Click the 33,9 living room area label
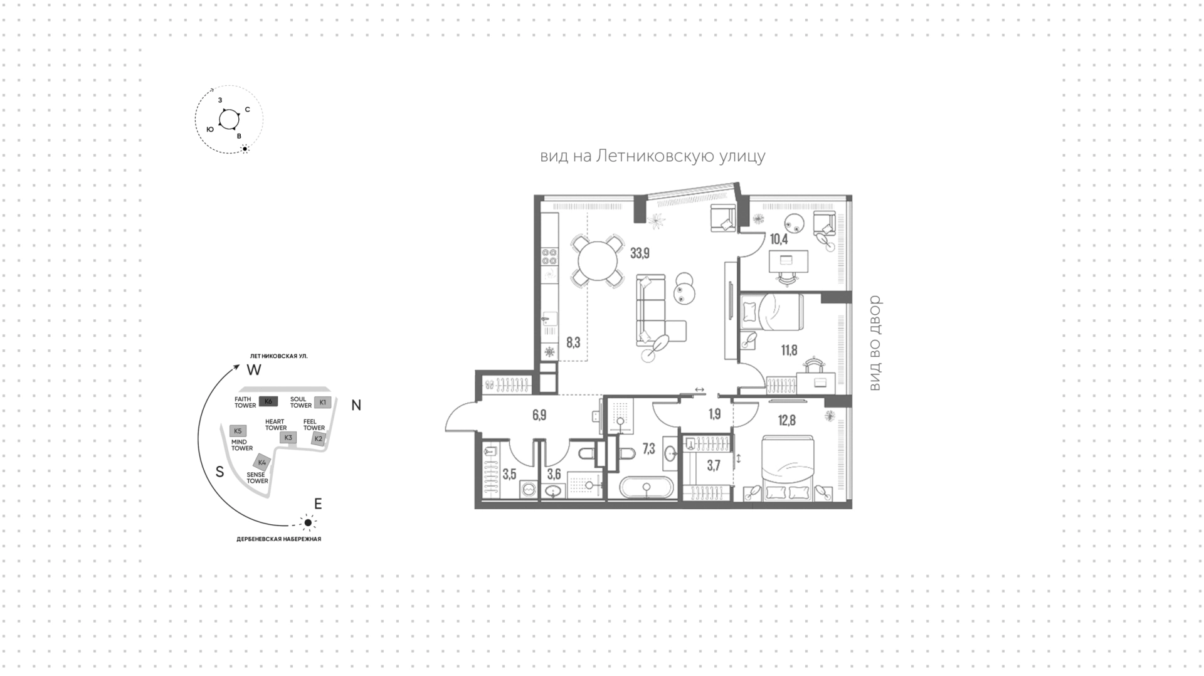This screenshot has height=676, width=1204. coord(640,253)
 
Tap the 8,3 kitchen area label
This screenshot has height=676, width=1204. coord(573,342)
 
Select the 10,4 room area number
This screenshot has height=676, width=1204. coord(779,239)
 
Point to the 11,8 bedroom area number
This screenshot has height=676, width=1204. coord(789,350)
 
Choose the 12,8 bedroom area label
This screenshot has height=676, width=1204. coord(786,420)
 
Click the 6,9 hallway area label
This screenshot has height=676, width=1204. coord(539,415)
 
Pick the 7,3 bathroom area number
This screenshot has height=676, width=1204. coord(648,449)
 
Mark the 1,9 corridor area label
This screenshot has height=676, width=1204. coord(714,415)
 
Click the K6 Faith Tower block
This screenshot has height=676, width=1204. coord(268,401)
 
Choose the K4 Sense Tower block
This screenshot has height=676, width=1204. coord(263,463)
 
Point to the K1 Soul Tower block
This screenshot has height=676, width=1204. coord(322,402)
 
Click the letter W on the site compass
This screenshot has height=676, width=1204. coord(253,370)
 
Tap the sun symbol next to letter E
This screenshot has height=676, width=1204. coord(307,522)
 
